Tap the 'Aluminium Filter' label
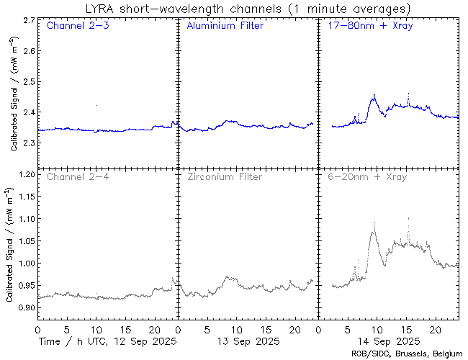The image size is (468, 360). pos(225,26)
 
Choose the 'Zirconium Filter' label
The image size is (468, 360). pos(225,176)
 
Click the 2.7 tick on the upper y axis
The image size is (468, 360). pos(27,21)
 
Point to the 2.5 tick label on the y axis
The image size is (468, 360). pos(27,82)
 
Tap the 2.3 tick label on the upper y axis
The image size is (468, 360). pos(27,144)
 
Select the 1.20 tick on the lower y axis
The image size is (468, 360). pos(24,174)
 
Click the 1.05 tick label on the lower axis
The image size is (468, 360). pos(24,241)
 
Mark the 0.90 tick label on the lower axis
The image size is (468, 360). pos(24,308)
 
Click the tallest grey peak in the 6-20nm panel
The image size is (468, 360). pos(408,217)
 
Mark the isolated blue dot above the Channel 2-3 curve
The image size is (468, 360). pos(96,105)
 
